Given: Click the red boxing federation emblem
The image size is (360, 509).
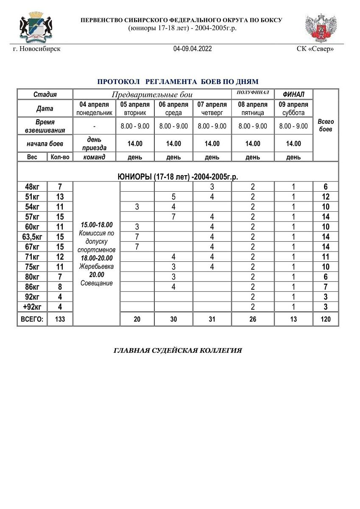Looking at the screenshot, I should [321, 28].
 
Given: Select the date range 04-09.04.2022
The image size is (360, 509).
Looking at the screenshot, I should [193, 49].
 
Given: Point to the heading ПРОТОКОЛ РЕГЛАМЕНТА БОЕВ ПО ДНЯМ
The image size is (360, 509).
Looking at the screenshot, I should [178, 81].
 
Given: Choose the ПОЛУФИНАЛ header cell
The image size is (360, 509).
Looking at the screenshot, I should [253, 92].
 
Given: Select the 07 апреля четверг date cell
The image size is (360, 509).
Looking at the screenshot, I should [212, 108].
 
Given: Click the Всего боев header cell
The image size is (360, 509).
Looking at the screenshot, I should [326, 125].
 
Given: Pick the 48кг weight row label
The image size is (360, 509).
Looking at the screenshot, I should [32, 187].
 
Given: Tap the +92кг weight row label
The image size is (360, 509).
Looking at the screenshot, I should [32, 307].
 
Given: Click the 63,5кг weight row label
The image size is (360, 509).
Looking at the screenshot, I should [32, 237].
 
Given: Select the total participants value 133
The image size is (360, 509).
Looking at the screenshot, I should [60, 319].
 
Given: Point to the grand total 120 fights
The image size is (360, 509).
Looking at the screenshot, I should [326, 319].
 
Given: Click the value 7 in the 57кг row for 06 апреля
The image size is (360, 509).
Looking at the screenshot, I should [173, 217].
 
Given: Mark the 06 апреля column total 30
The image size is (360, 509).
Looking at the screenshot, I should [173, 319].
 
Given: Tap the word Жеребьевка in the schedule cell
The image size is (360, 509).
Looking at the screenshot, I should [96, 266].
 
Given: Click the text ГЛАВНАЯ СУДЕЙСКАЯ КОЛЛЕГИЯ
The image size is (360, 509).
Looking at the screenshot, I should [178, 350].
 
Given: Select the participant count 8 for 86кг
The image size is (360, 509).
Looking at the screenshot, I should [60, 287].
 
